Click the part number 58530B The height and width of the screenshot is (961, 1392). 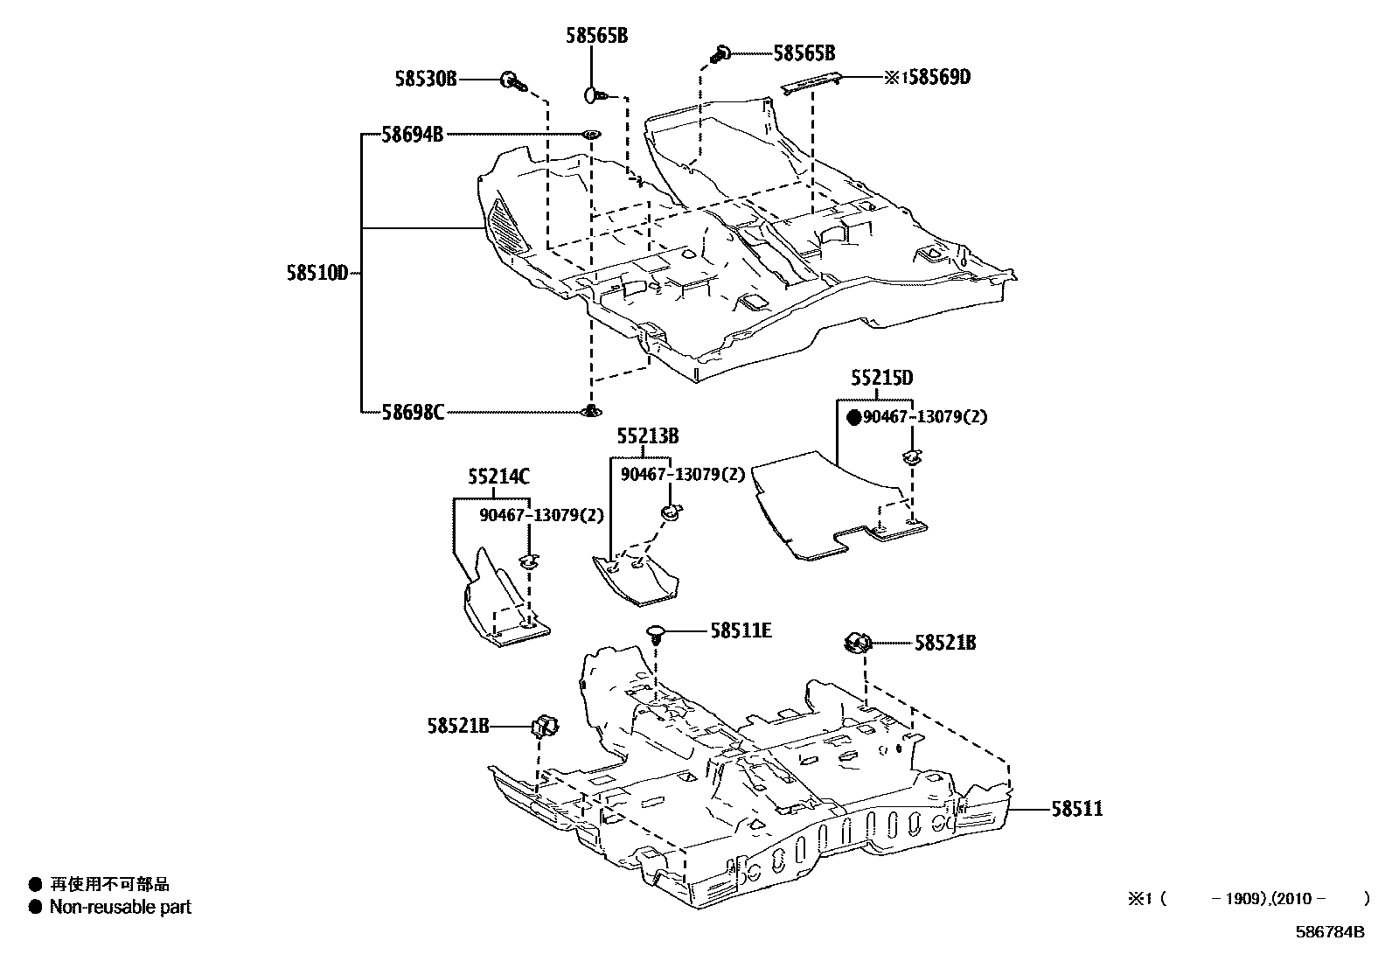tap(425, 80)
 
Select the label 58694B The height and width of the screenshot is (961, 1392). tap(412, 135)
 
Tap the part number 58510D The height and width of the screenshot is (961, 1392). tap(317, 273)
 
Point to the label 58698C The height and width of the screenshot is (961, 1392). tap(413, 411)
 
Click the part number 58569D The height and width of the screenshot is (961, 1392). tap(938, 78)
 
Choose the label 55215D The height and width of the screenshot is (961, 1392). tap(882, 379)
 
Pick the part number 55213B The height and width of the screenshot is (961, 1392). tap(647, 436)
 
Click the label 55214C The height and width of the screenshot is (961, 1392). tap(498, 477)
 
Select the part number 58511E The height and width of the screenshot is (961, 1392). tap(741, 630)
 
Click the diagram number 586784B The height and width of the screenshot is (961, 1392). tap(1329, 932)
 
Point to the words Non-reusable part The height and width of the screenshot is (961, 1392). tap(120, 907)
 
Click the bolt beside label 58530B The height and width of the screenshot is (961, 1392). tap(512, 82)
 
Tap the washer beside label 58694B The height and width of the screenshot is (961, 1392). tap(591, 135)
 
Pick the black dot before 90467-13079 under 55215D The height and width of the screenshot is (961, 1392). tap(854, 418)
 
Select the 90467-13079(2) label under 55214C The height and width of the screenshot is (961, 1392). tap(541, 515)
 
